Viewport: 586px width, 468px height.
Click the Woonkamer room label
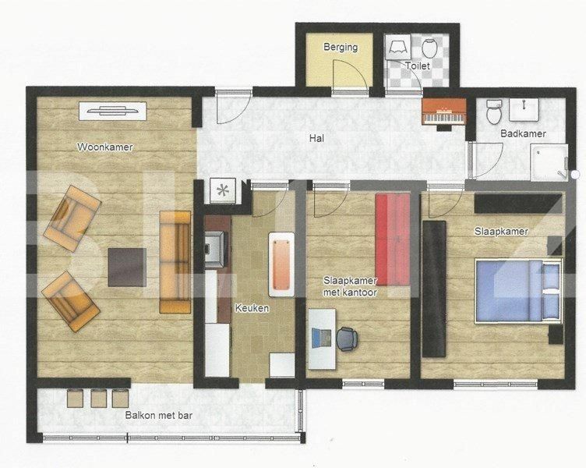coord(104,147)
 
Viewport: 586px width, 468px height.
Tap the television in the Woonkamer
coord(115,111)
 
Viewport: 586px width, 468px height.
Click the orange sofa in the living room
coord(175,261)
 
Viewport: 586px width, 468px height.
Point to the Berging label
coord(341,47)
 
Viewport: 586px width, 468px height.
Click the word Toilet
coord(417,66)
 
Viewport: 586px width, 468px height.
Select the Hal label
coord(316,139)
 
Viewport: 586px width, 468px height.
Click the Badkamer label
coord(523,133)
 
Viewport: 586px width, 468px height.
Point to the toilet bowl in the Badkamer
coord(492,114)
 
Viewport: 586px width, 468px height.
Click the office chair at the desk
coord(346,339)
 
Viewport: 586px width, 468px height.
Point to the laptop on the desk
coord(319,337)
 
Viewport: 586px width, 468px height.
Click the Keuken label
coord(252,308)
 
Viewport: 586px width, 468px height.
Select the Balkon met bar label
coord(158,415)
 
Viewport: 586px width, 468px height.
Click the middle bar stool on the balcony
coord(98,398)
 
